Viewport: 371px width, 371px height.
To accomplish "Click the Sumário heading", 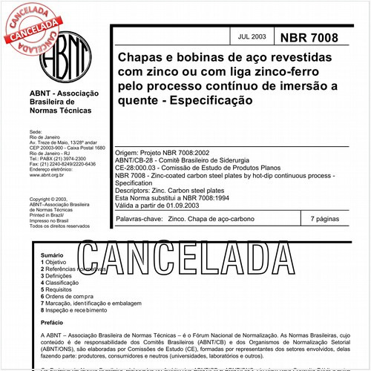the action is (53, 255).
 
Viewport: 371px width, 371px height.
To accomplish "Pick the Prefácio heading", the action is (53, 323).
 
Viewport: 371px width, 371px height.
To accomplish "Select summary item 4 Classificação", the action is (62, 283).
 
